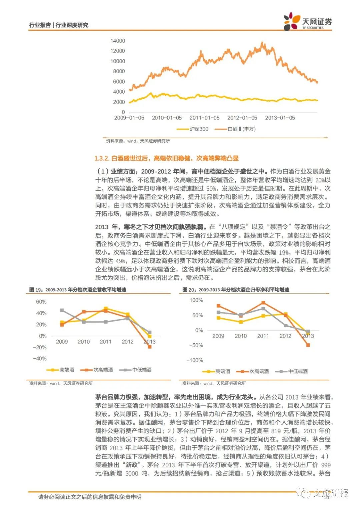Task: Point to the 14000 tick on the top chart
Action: pyautogui.click(x=118, y=41)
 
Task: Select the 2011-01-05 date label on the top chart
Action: pyautogui.click(x=204, y=118)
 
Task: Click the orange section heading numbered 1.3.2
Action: pyautogui.click(x=167, y=158)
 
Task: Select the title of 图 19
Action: pyautogui.click(x=78, y=290)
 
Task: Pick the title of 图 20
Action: pyautogui.click(x=236, y=290)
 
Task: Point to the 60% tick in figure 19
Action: pyautogui.click(x=41, y=302)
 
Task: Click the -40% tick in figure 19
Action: pyautogui.click(x=40, y=359)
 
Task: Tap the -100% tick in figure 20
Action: pyautogui.click(x=194, y=360)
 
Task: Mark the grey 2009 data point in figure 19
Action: pyautogui.click(x=62, y=310)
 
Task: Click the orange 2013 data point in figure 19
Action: pyautogui.click(x=150, y=347)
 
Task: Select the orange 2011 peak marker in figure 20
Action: pyautogui.click(x=263, y=303)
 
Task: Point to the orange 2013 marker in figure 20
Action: pyautogui.click(x=308, y=345)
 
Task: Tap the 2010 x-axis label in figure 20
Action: pyautogui.click(x=241, y=336)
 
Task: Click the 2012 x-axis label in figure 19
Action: pyautogui.click(x=128, y=342)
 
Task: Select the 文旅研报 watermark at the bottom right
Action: pyautogui.click(x=330, y=493)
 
